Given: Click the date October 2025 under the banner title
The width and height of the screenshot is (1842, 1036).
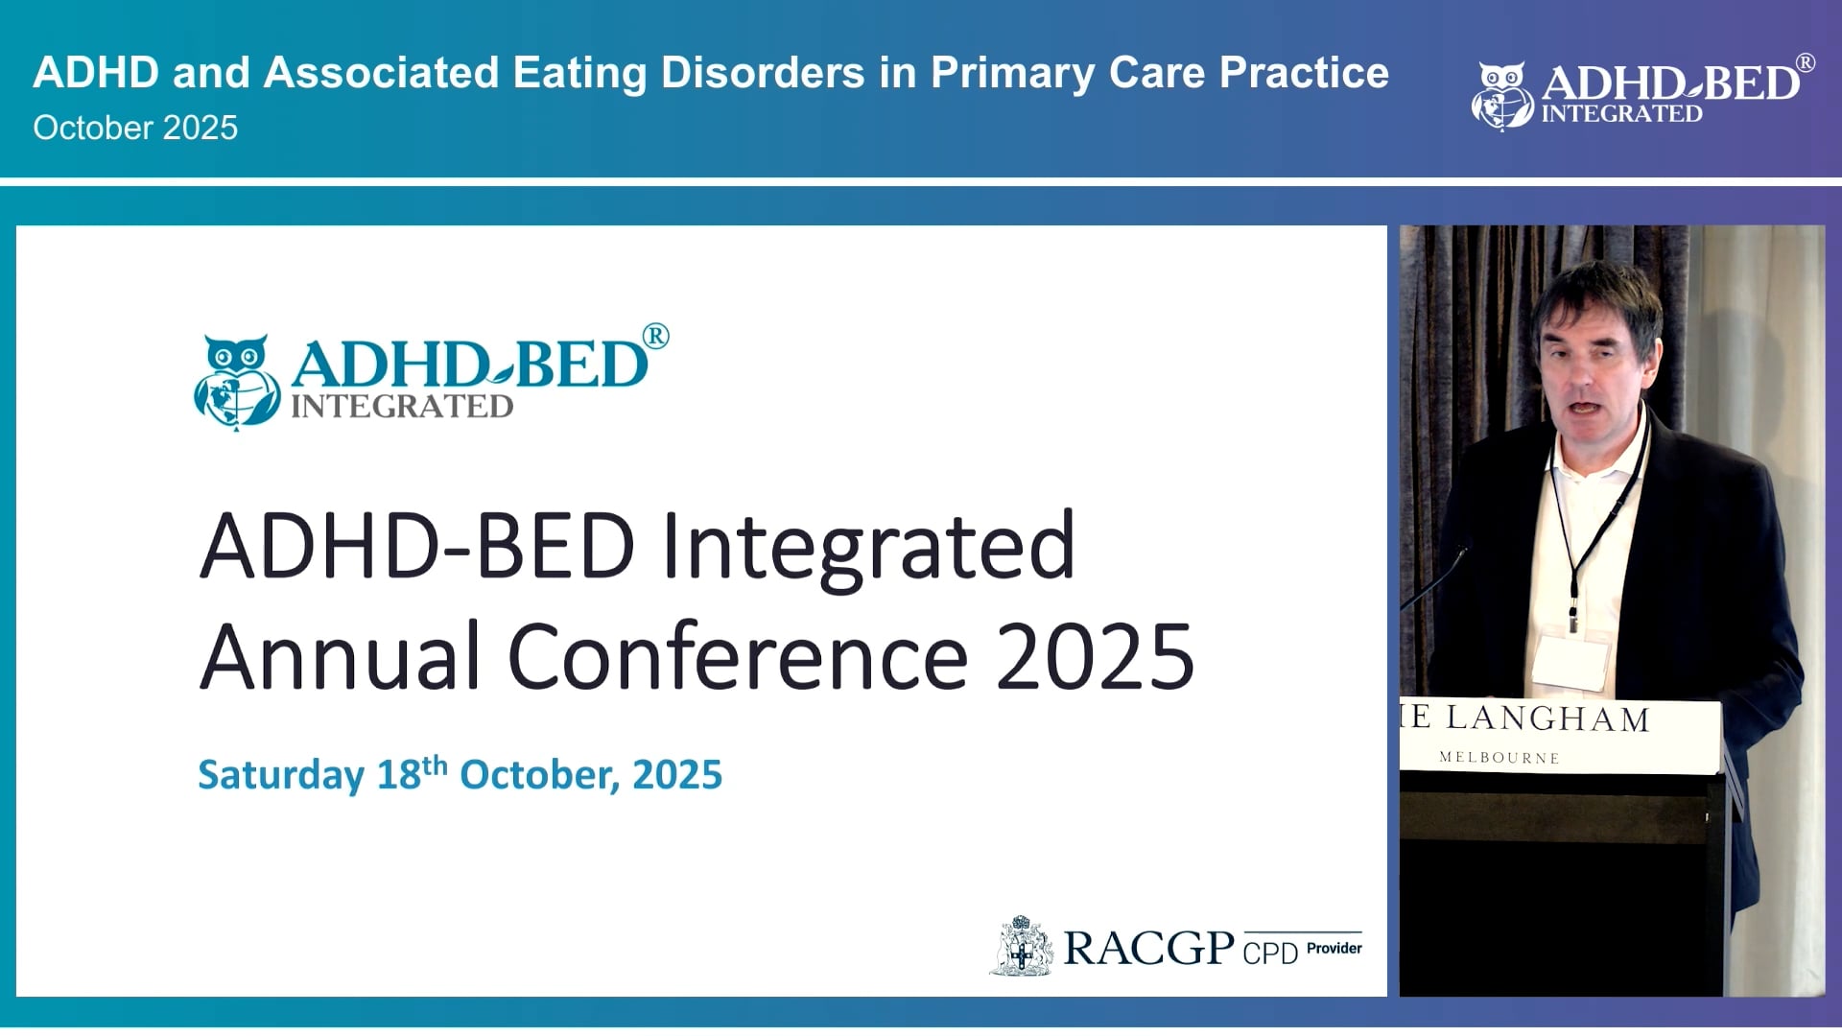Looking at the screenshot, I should pos(135,129).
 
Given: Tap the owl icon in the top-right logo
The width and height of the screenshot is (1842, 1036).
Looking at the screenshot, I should pos(1501,96).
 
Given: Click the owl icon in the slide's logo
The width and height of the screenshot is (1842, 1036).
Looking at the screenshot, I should pos(236,381).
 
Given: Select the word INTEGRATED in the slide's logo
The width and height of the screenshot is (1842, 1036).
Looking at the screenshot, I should pos(402,407).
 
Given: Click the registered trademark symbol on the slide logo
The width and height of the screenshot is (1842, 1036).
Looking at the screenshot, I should pos(655,337).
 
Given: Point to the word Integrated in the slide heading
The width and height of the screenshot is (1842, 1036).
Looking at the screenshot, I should pos(868,546).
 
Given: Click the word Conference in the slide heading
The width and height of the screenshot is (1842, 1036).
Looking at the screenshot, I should pos(737,657).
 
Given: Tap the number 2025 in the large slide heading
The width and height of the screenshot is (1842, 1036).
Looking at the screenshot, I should pos(1094,657).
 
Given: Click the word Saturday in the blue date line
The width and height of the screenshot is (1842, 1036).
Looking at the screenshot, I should pos(280,775).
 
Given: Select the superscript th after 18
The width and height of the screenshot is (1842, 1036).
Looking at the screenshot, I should pos(435,765).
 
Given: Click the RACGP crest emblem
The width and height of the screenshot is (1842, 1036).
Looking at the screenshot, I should pos(1022,947).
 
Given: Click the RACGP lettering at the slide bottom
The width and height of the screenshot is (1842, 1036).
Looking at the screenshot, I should pos(1148,948).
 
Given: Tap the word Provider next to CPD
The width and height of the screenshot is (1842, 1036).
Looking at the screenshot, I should pos(1334,948).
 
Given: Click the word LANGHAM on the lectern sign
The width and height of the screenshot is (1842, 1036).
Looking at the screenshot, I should pos(1547,718).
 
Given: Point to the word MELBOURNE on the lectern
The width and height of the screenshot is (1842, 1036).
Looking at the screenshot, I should pos(1499,758).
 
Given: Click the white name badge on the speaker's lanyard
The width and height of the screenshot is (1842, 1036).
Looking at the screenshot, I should pos(1570,662).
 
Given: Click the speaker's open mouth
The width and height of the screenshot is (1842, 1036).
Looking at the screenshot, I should pos(1582,408).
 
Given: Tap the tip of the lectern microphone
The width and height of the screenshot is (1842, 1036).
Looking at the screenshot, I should pos(1462,551).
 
